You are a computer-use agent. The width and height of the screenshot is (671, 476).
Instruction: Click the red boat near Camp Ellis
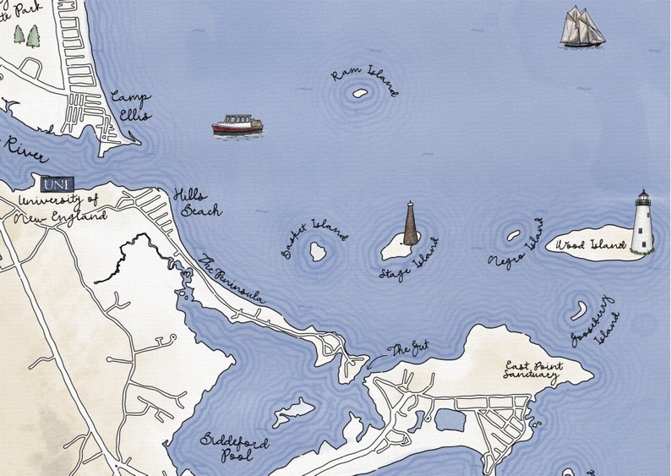(237, 125)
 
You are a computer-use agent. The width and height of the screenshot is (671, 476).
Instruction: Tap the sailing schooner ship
(582, 27)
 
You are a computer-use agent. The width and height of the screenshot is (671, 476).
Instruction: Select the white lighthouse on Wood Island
(642, 222)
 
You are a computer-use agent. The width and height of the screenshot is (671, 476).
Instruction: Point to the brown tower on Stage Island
(411, 224)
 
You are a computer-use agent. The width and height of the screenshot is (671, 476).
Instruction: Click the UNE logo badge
(57, 183)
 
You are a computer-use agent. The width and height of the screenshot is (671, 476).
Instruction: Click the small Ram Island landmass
(359, 94)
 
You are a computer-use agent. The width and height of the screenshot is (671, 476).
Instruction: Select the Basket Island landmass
(318, 251)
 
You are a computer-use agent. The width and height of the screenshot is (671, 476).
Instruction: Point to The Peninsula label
(233, 278)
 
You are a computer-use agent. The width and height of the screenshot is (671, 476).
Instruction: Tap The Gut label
(408, 348)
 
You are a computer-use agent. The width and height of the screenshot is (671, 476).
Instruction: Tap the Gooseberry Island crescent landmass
(579, 310)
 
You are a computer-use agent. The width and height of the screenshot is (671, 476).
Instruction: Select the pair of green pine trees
(26, 36)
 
